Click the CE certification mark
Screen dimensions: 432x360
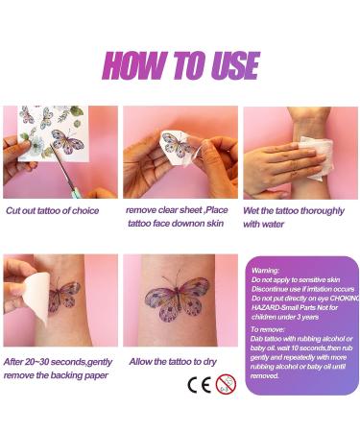pos(197,386)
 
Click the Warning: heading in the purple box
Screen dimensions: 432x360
pos(264,271)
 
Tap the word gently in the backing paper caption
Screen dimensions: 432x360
pos(101,362)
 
